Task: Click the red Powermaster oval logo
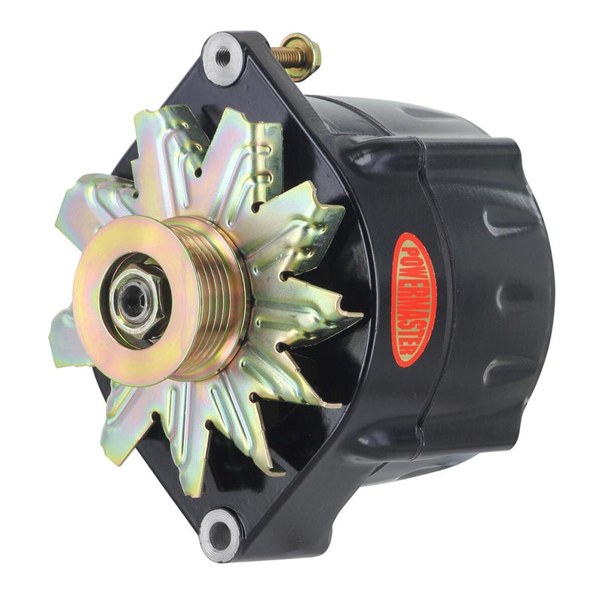(x=414, y=299)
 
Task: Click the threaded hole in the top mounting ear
(x=223, y=55)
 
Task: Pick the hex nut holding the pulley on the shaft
(x=133, y=296)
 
